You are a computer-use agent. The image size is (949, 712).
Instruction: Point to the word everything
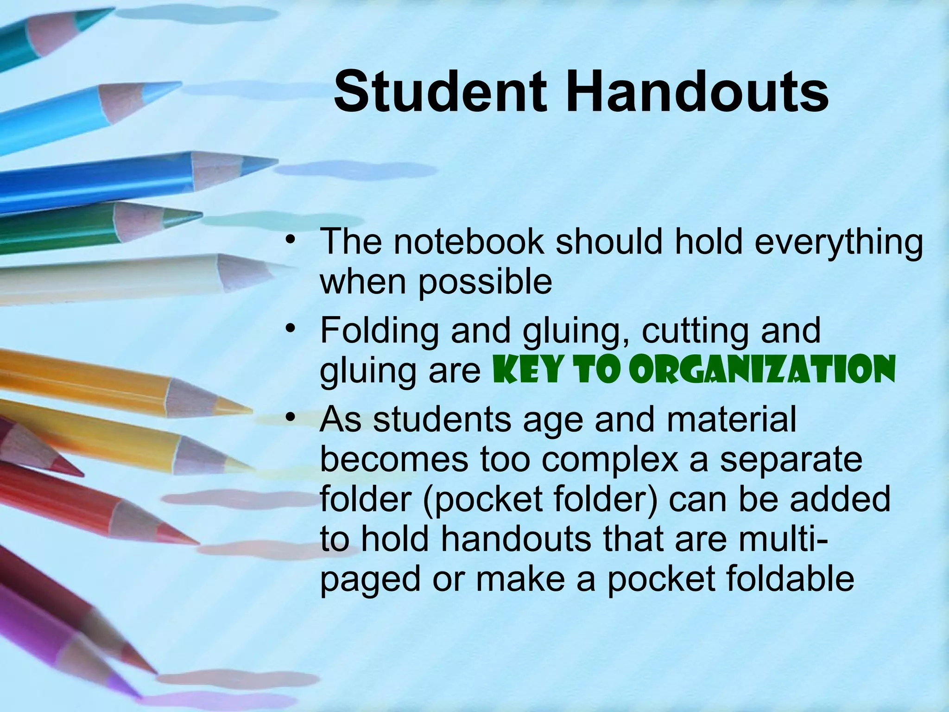pyautogui.click(x=839, y=243)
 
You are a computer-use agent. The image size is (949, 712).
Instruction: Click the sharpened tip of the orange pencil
pyautogui.click(x=246, y=410)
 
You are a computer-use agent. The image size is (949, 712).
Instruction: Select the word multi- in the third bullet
pyautogui.click(x=772, y=539)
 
